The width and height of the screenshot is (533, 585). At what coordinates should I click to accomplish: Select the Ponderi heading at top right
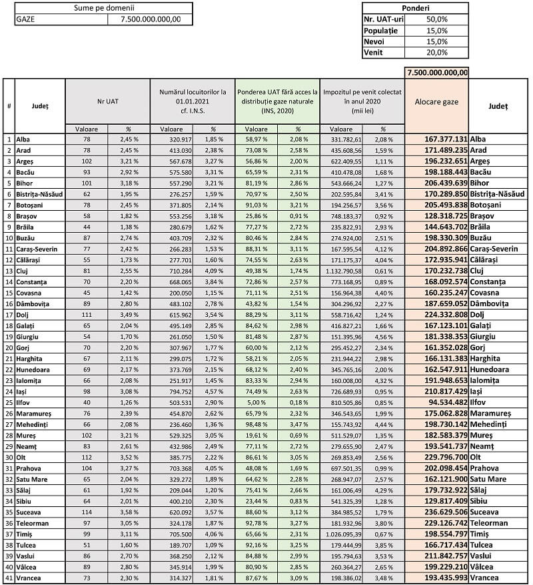coord(415,7)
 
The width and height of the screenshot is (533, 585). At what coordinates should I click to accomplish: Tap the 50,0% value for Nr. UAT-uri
coord(436,19)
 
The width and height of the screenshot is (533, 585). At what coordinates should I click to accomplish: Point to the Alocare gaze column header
coord(436,101)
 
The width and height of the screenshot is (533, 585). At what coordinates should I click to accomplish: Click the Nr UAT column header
coord(107,101)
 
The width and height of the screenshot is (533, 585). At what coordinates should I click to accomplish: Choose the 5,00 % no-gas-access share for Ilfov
coord(257,403)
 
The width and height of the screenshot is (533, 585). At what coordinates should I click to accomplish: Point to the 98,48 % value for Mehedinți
coord(257,425)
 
